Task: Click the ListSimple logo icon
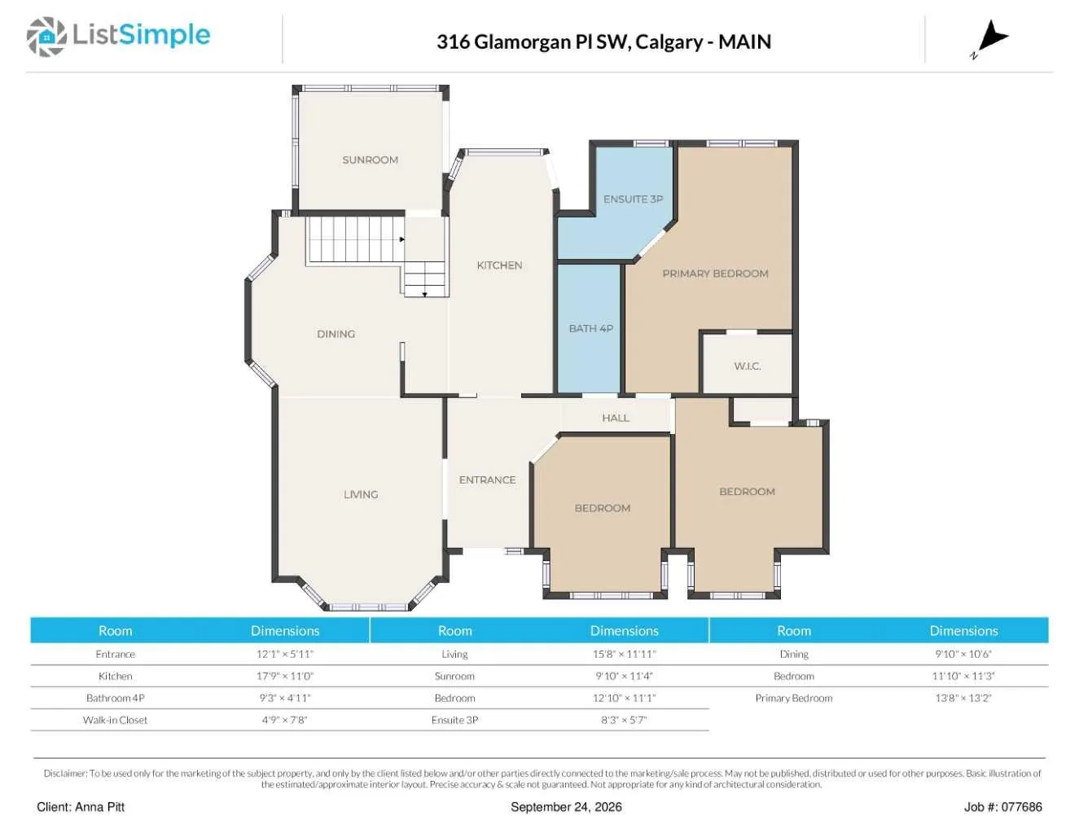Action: tap(46, 37)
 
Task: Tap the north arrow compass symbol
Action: tap(990, 39)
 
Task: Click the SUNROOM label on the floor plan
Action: tap(370, 160)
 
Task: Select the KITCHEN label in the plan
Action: tap(499, 265)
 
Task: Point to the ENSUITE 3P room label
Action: tap(633, 199)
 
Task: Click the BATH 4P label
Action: tap(591, 328)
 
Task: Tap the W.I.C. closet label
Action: tap(748, 366)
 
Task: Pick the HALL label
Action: tap(616, 418)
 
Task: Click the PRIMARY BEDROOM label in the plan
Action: tap(715, 274)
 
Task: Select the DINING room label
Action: tap(336, 334)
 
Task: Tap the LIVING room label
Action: tap(361, 494)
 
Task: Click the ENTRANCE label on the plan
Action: tap(487, 480)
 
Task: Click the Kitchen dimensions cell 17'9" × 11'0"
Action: tap(285, 676)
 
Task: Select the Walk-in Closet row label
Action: tap(115, 720)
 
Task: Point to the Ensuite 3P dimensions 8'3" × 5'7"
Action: tap(624, 720)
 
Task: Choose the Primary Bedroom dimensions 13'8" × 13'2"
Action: tap(963, 698)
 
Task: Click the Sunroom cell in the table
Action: tap(454, 676)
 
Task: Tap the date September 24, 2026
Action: tap(566, 807)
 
